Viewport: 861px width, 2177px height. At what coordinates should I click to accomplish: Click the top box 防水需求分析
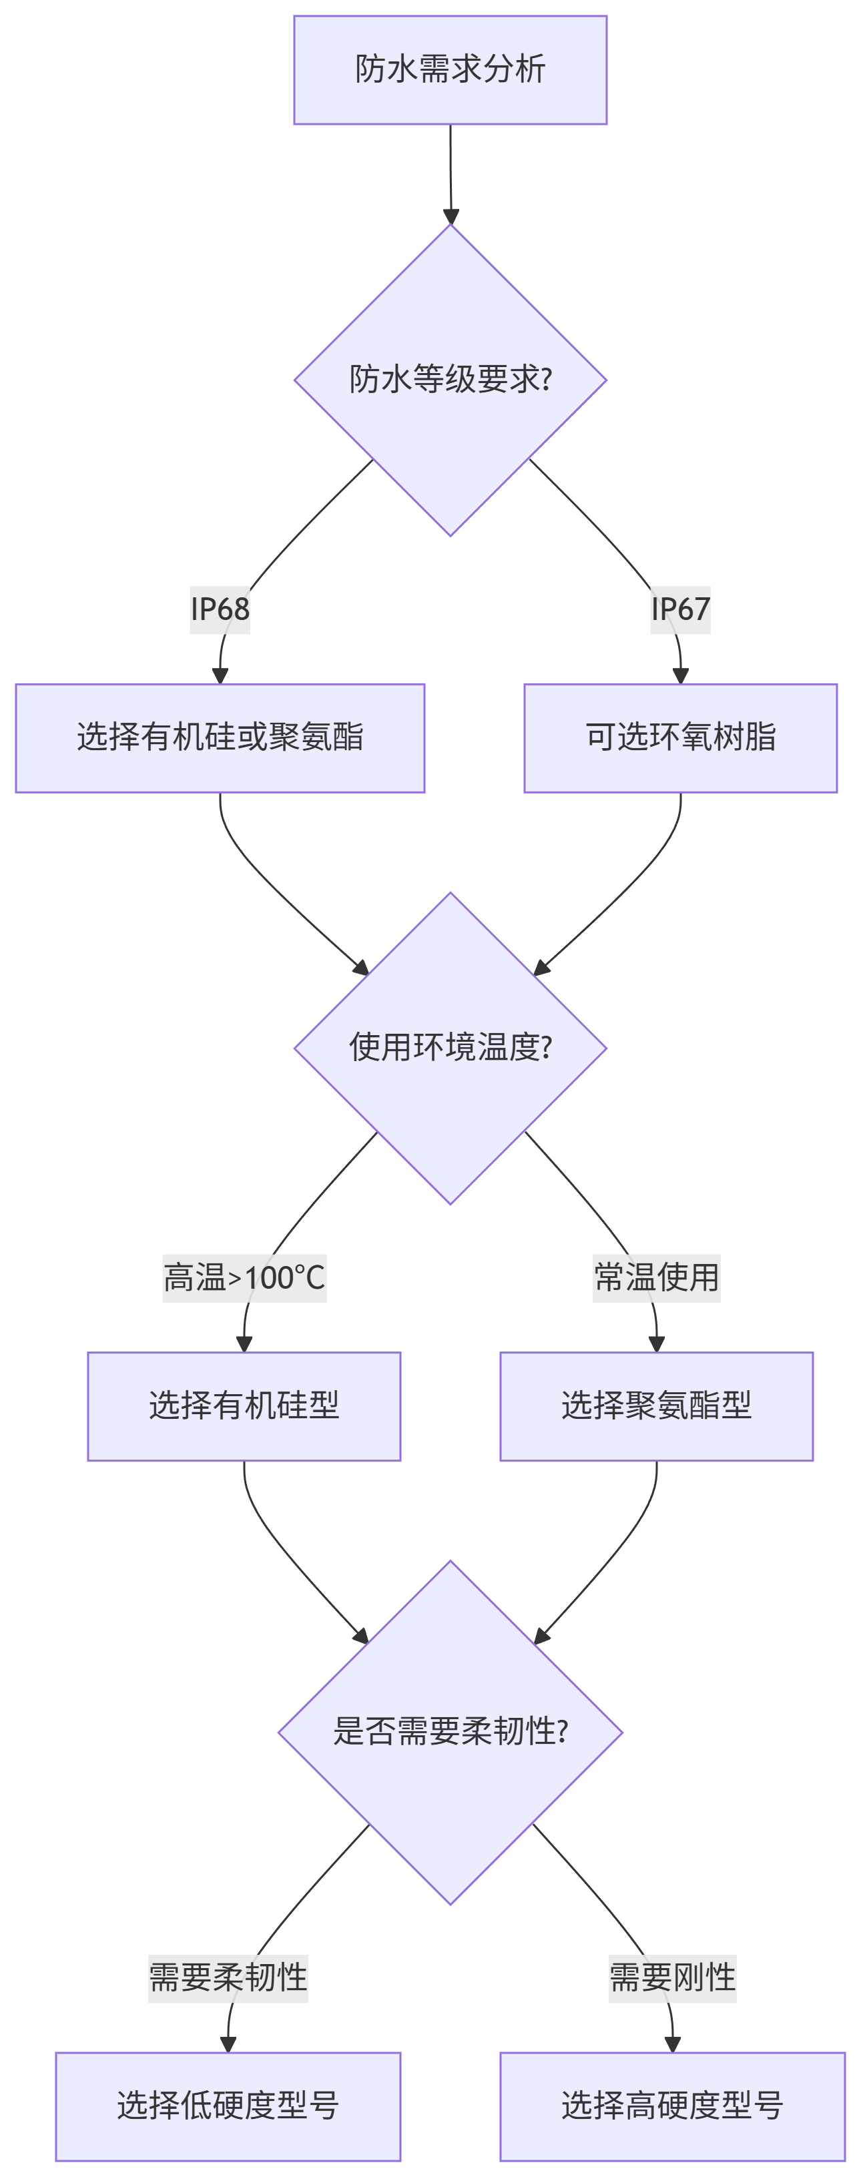tap(451, 70)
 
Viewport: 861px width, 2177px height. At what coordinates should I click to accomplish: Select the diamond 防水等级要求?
tap(451, 380)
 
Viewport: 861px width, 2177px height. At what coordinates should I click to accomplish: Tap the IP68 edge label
tap(220, 609)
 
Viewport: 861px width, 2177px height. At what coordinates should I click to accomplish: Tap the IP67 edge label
tap(680, 609)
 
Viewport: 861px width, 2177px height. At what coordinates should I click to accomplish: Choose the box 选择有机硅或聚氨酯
tap(220, 737)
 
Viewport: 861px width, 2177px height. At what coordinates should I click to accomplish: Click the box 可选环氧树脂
tap(680, 737)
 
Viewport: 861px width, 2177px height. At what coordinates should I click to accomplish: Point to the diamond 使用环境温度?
tap(451, 1048)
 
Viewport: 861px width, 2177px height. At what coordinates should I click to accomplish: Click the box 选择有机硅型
tap(244, 1406)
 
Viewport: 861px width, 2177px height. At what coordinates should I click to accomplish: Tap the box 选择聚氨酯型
tap(657, 1406)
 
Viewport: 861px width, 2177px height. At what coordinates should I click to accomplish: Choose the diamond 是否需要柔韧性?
tap(451, 1732)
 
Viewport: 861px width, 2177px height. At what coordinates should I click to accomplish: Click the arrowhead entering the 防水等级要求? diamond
tap(451, 216)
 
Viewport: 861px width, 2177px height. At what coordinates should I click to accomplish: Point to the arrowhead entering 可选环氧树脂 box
tap(680, 676)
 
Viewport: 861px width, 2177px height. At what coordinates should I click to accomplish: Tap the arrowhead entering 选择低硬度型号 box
tap(228, 2044)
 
